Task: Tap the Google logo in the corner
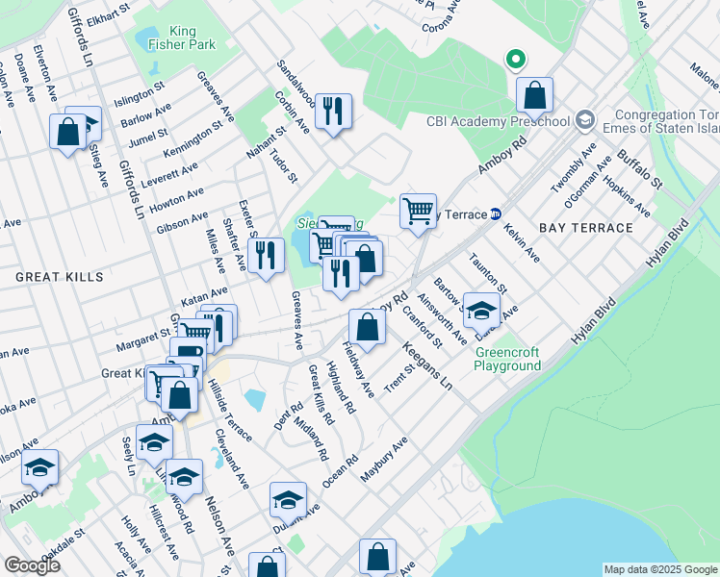32,565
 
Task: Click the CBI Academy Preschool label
500,122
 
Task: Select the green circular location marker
516,60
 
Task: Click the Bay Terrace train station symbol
496,213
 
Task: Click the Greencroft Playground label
507,359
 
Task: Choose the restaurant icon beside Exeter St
265,255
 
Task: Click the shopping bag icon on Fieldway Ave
367,326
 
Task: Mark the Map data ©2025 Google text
659,569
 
